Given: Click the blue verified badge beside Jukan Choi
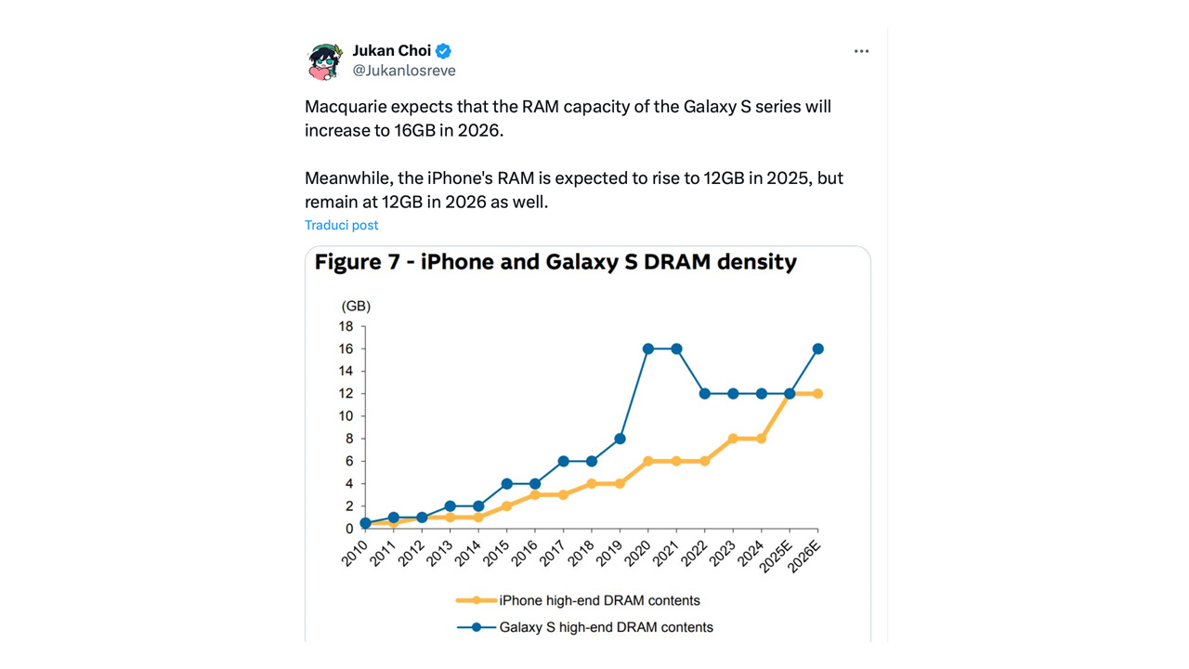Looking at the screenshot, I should tap(444, 51).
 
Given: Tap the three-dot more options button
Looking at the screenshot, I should tap(861, 51).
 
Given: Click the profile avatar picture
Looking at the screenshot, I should tap(326, 61).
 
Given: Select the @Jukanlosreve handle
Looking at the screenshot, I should tap(404, 71).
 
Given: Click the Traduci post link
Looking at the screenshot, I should tap(341, 225).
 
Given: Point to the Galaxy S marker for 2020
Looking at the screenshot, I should tap(648, 349).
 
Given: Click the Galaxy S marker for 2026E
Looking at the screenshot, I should tap(817, 349).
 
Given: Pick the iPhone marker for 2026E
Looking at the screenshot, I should tap(817, 394).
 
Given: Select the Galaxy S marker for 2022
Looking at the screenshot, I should tap(705, 394).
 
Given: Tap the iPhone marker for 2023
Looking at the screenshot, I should tap(733, 439).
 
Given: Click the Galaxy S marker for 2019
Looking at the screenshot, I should tap(620, 439).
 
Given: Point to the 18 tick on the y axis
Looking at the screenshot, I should tap(346, 326).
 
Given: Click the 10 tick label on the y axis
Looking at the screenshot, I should tap(346, 416).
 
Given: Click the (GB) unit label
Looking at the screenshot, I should tap(356, 306).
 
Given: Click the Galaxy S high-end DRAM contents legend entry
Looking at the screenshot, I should tap(606, 627).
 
